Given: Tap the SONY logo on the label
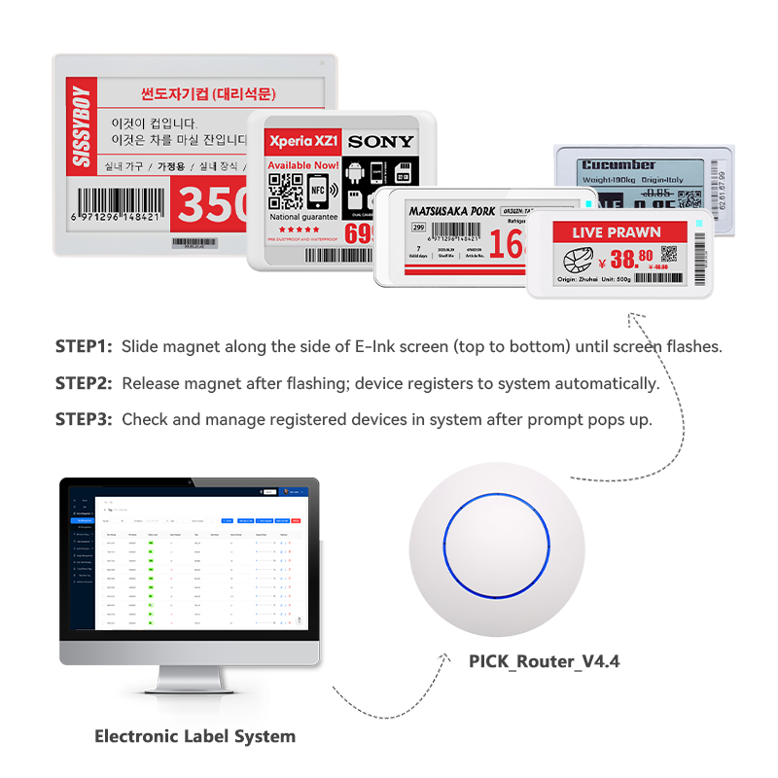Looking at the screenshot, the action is point(380,142).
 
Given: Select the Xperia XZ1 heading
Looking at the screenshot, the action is point(302,142).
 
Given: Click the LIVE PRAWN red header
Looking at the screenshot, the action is point(617,232).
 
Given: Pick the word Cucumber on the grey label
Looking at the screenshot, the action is point(619,165).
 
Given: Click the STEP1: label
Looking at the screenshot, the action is point(84,346).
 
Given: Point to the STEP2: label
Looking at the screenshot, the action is point(84,383).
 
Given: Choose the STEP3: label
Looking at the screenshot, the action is point(84,419).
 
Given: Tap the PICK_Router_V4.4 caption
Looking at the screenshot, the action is point(544,661).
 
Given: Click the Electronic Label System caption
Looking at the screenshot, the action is point(194,736).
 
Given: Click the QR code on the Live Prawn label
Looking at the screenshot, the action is point(668,256).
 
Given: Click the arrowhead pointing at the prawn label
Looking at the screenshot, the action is point(633,316).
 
